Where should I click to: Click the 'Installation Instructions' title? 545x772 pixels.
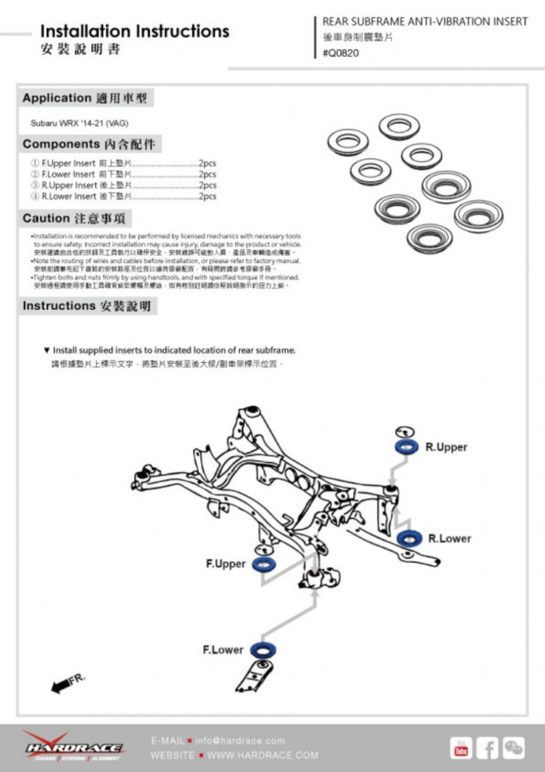(x=134, y=32)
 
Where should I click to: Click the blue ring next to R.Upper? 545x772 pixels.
(x=406, y=447)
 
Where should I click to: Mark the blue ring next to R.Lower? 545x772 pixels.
(x=410, y=539)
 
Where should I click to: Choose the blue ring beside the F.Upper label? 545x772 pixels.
(x=264, y=564)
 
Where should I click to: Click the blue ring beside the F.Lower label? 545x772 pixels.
(x=263, y=649)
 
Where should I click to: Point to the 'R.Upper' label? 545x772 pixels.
(x=446, y=447)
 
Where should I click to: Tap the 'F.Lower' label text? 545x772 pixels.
(x=223, y=650)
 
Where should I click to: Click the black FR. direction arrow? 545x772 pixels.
(x=61, y=686)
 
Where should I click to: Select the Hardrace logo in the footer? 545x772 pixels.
(x=73, y=747)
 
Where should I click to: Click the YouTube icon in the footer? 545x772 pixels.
(x=460, y=748)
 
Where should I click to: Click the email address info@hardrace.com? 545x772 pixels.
(x=240, y=740)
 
